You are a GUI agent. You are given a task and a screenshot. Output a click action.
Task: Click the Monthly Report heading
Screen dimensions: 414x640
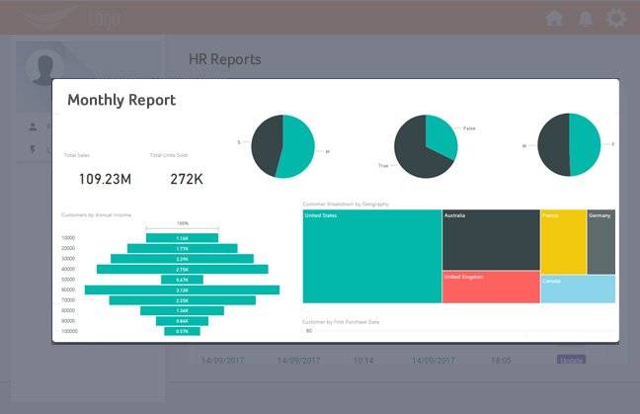click(x=120, y=100)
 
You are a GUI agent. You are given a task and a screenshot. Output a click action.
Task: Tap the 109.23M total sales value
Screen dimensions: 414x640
click(x=105, y=179)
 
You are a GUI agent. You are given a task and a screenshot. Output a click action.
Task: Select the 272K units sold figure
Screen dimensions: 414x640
click(x=187, y=179)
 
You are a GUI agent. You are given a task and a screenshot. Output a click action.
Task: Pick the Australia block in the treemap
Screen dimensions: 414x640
click(x=490, y=239)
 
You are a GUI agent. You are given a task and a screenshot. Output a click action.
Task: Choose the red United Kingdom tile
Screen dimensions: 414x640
click(x=490, y=287)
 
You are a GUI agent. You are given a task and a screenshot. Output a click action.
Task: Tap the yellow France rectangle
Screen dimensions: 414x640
click(x=563, y=241)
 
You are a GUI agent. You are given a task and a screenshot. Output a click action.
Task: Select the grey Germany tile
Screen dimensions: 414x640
click(x=601, y=241)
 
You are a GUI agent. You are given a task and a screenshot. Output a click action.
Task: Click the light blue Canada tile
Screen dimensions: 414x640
click(x=578, y=289)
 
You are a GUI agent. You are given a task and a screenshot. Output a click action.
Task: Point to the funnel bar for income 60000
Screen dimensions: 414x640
click(x=182, y=290)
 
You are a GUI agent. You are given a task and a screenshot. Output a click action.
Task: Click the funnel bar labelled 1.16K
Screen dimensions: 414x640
click(x=182, y=238)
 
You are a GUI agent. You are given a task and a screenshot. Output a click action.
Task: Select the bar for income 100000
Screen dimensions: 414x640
click(x=182, y=331)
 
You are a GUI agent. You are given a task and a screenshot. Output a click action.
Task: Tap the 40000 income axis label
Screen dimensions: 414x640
click(x=68, y=269)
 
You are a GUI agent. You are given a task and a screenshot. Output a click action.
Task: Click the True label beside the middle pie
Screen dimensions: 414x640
click(x=383, y=165)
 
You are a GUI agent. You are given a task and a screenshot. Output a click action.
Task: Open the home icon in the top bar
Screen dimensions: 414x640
click(x=554, y=18)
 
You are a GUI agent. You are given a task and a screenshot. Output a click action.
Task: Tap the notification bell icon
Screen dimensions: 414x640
click(x=586, y=18)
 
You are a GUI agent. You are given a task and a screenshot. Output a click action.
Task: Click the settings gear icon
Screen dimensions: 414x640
click(x=616, y=18)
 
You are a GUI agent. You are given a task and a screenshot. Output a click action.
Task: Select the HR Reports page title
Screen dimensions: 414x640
click(x=225, y=59)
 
